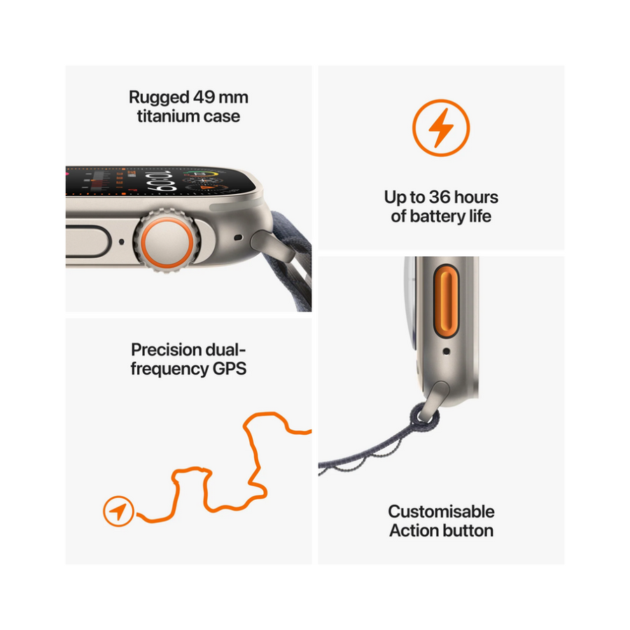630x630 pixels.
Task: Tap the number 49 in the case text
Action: pyautogui.click(x=204, y=97)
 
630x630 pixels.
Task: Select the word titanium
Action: pyautogui.click(x=168, y=116)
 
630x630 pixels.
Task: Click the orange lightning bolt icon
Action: pyautogui.click(x=441, y=128)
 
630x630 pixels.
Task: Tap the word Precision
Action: pyautogui.click(x=167, y=350)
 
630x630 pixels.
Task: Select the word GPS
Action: pyautogui.click(x=229, y=369)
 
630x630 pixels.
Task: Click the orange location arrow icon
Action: pyautogui.click(x=118, y=511)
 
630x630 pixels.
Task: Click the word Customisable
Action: pyautogui.click(x=441, y=512)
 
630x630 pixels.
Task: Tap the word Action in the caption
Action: pyautogui.click(x=410, y=531)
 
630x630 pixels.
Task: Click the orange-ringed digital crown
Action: pyautogui.click(x=167, y=241)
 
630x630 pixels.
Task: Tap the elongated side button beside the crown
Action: pyautogui.click(x=87, y=241)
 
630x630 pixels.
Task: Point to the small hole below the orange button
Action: pyautogui.click(x=446, y=351)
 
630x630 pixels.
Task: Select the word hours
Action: pyautogui.click(x=476, y=197)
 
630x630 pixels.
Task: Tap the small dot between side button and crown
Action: pyautogui.click(x=122, y=242)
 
